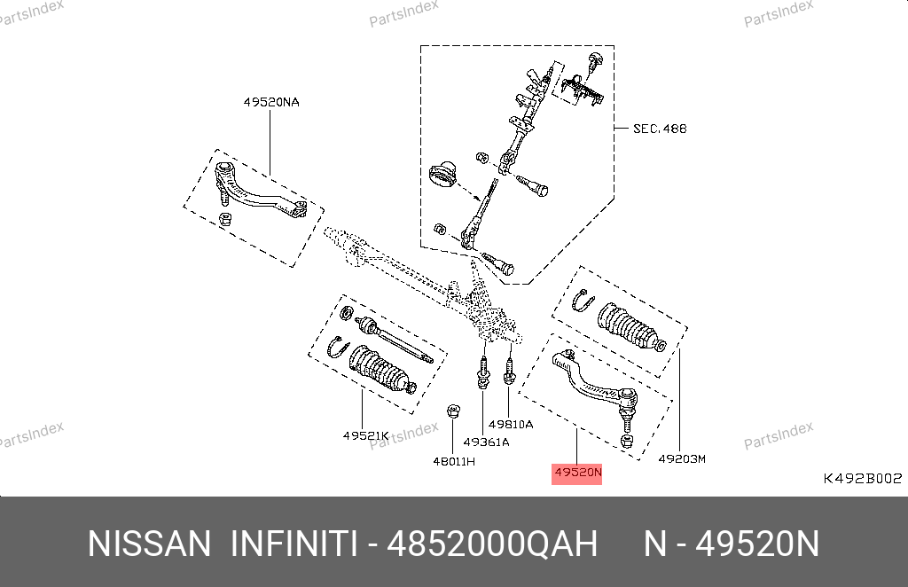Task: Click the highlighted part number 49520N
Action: tap(577, 473)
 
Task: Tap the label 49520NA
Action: tap(271, 103)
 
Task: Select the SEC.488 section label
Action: tap(660, 129)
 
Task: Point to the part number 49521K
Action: tap(366, 435)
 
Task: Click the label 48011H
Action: tap(454, 461)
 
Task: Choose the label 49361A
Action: tap(487, 442)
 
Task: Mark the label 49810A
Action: tap(511, 425)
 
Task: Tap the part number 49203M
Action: tap(682, 459)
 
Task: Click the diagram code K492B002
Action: tap(863, 478)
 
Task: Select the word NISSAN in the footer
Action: tap(149, 544)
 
